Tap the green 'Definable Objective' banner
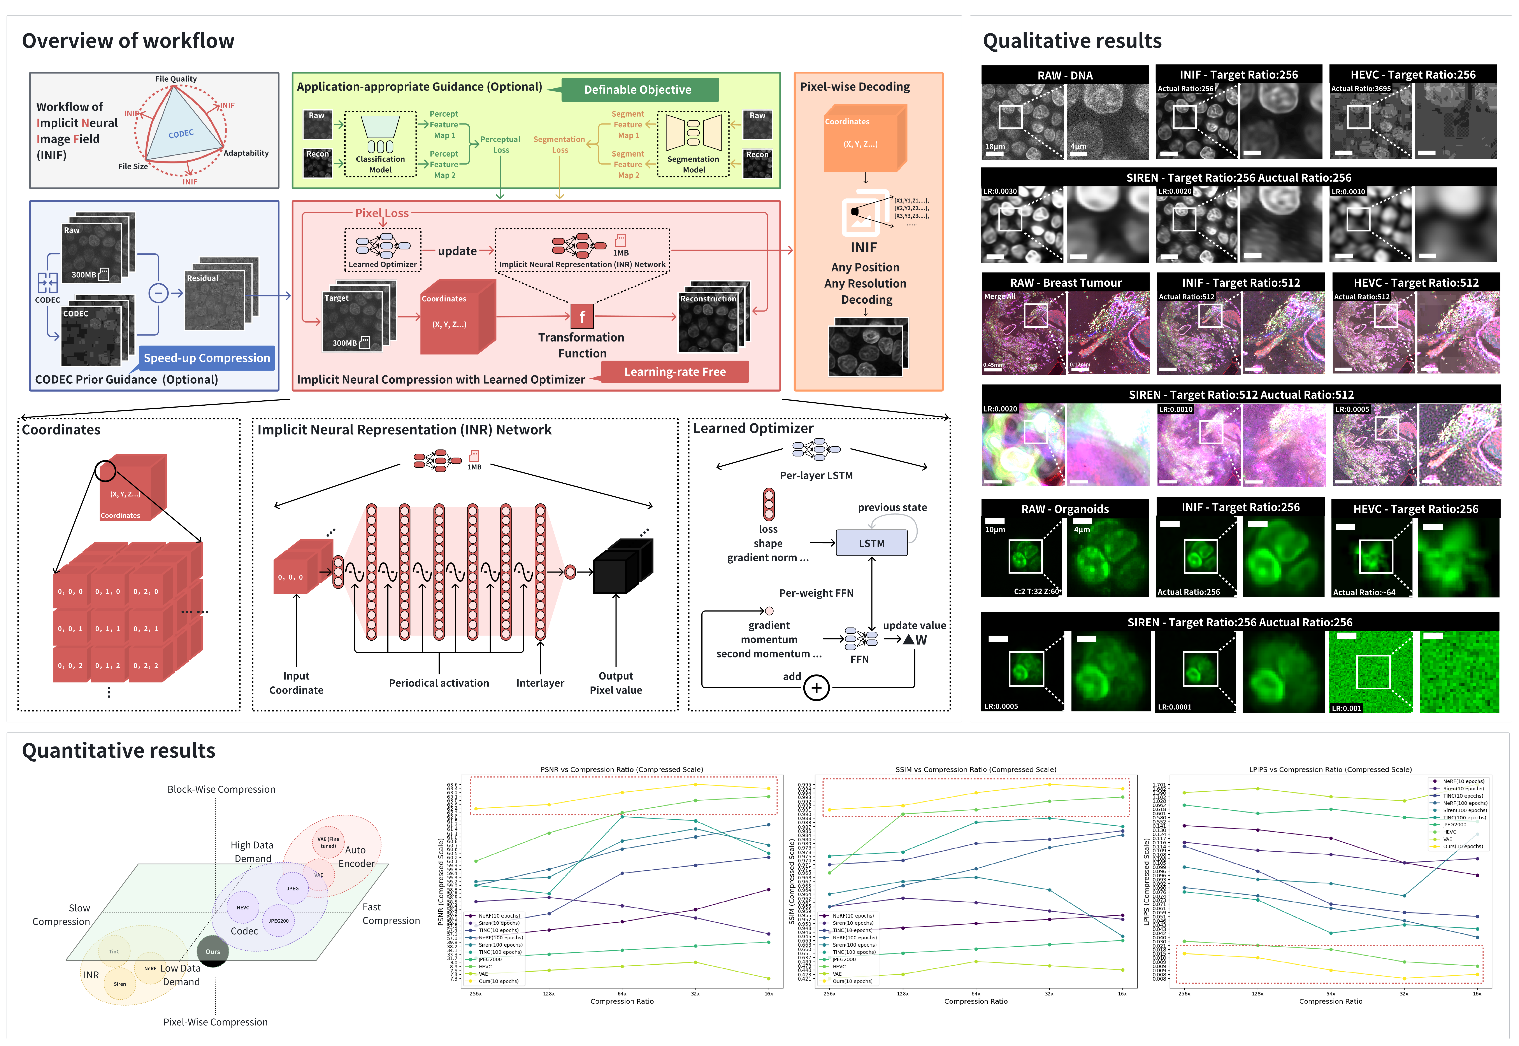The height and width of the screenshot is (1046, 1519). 637,90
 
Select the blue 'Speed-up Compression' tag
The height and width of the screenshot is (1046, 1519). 207,358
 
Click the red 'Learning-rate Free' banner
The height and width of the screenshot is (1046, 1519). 675,372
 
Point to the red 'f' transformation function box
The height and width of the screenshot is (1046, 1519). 581,317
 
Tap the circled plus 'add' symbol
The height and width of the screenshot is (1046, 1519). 816,687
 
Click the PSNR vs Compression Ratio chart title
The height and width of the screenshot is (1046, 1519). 622,769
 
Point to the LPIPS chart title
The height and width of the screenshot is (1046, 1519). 1330,769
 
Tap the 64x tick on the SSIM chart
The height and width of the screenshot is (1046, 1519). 976,993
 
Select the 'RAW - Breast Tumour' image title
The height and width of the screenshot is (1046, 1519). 1065,282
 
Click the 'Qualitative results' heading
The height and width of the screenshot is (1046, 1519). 1072,41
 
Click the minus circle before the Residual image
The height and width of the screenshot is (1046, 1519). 158,293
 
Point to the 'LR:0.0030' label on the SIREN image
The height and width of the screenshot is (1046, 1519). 1000,191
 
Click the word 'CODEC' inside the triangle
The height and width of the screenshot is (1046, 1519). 181,134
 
